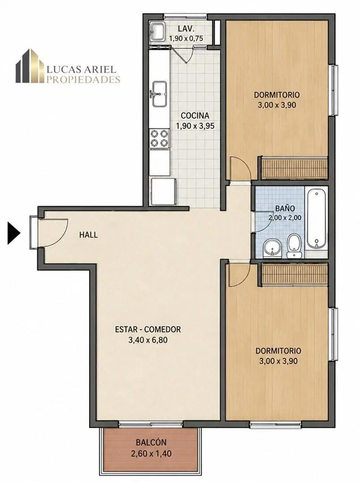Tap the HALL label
(x=88, y=235)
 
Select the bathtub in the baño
(x=316, y=219)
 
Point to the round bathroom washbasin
(x=273, y=248)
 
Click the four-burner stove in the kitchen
(x=159, y=138)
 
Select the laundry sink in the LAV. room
(x=158, y=31)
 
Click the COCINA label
(x=195, y=116)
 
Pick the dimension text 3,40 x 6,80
(x=148, y=340)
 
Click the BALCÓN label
(x=151, y=442)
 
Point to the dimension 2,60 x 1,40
(x=151, y=453)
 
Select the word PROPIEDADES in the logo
(x=83, y=80)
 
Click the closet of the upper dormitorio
(x=294, y=168)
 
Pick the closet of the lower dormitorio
(x=294, y=275)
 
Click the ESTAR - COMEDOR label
(x=148, y=330)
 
